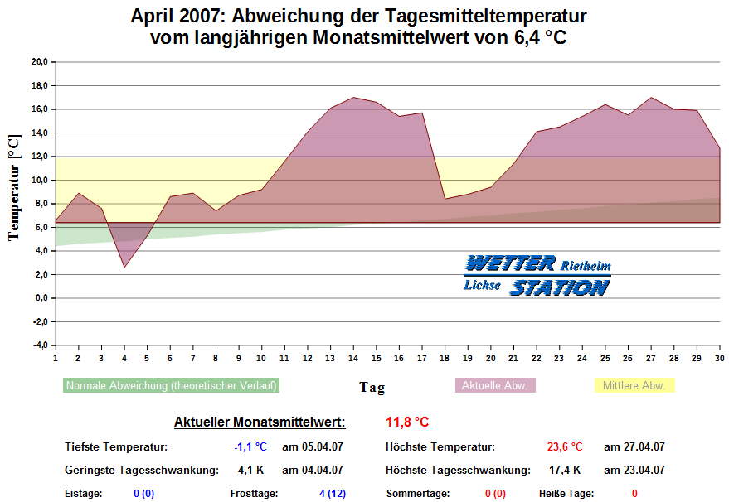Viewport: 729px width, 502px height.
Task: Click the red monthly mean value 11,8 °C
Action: coord(407,422)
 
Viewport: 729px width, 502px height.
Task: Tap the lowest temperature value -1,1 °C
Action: coord(250,447)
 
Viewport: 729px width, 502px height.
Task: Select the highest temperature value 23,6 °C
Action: coord(565,447)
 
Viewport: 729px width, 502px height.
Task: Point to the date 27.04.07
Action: coord(634,447)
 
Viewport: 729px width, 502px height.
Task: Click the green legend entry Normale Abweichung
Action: coord(171,386)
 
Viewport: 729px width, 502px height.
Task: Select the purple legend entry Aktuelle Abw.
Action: coord(495,386)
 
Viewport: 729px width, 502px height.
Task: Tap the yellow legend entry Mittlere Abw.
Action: coord(634,386)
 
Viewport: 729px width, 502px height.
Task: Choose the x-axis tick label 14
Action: coord(353,358)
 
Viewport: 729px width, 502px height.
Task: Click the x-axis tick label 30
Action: coord(719,358)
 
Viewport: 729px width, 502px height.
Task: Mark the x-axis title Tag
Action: coord(372,387)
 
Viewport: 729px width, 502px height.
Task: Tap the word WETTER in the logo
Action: coord(509,263)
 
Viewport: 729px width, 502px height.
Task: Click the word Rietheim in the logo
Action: coord(586,267)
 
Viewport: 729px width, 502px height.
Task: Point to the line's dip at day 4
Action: coord(124,267)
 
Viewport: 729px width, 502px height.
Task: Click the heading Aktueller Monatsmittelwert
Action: coord(260,422)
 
